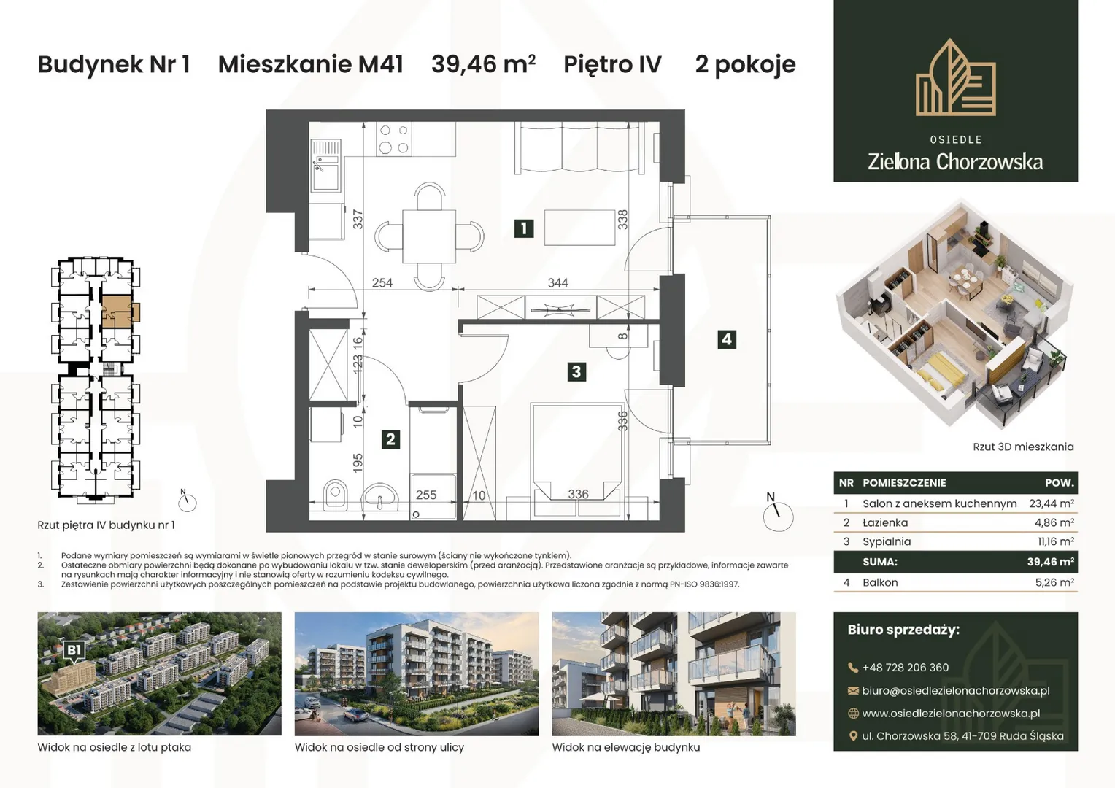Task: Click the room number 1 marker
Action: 524,228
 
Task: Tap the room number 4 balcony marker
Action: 727,339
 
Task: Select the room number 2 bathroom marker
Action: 390,439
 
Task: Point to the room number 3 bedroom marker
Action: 576,371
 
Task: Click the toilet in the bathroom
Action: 336,494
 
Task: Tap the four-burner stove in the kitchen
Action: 394,139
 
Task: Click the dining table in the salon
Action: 429,236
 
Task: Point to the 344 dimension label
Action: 557,283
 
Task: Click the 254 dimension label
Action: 382,283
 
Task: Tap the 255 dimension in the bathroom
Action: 426,495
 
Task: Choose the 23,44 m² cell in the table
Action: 1052,503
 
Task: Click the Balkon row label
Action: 880,582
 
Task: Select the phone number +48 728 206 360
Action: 906,668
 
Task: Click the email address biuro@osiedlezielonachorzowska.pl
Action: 956,691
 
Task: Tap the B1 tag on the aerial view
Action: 74,650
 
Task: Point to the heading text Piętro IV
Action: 612,65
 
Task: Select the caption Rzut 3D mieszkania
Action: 1023,447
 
